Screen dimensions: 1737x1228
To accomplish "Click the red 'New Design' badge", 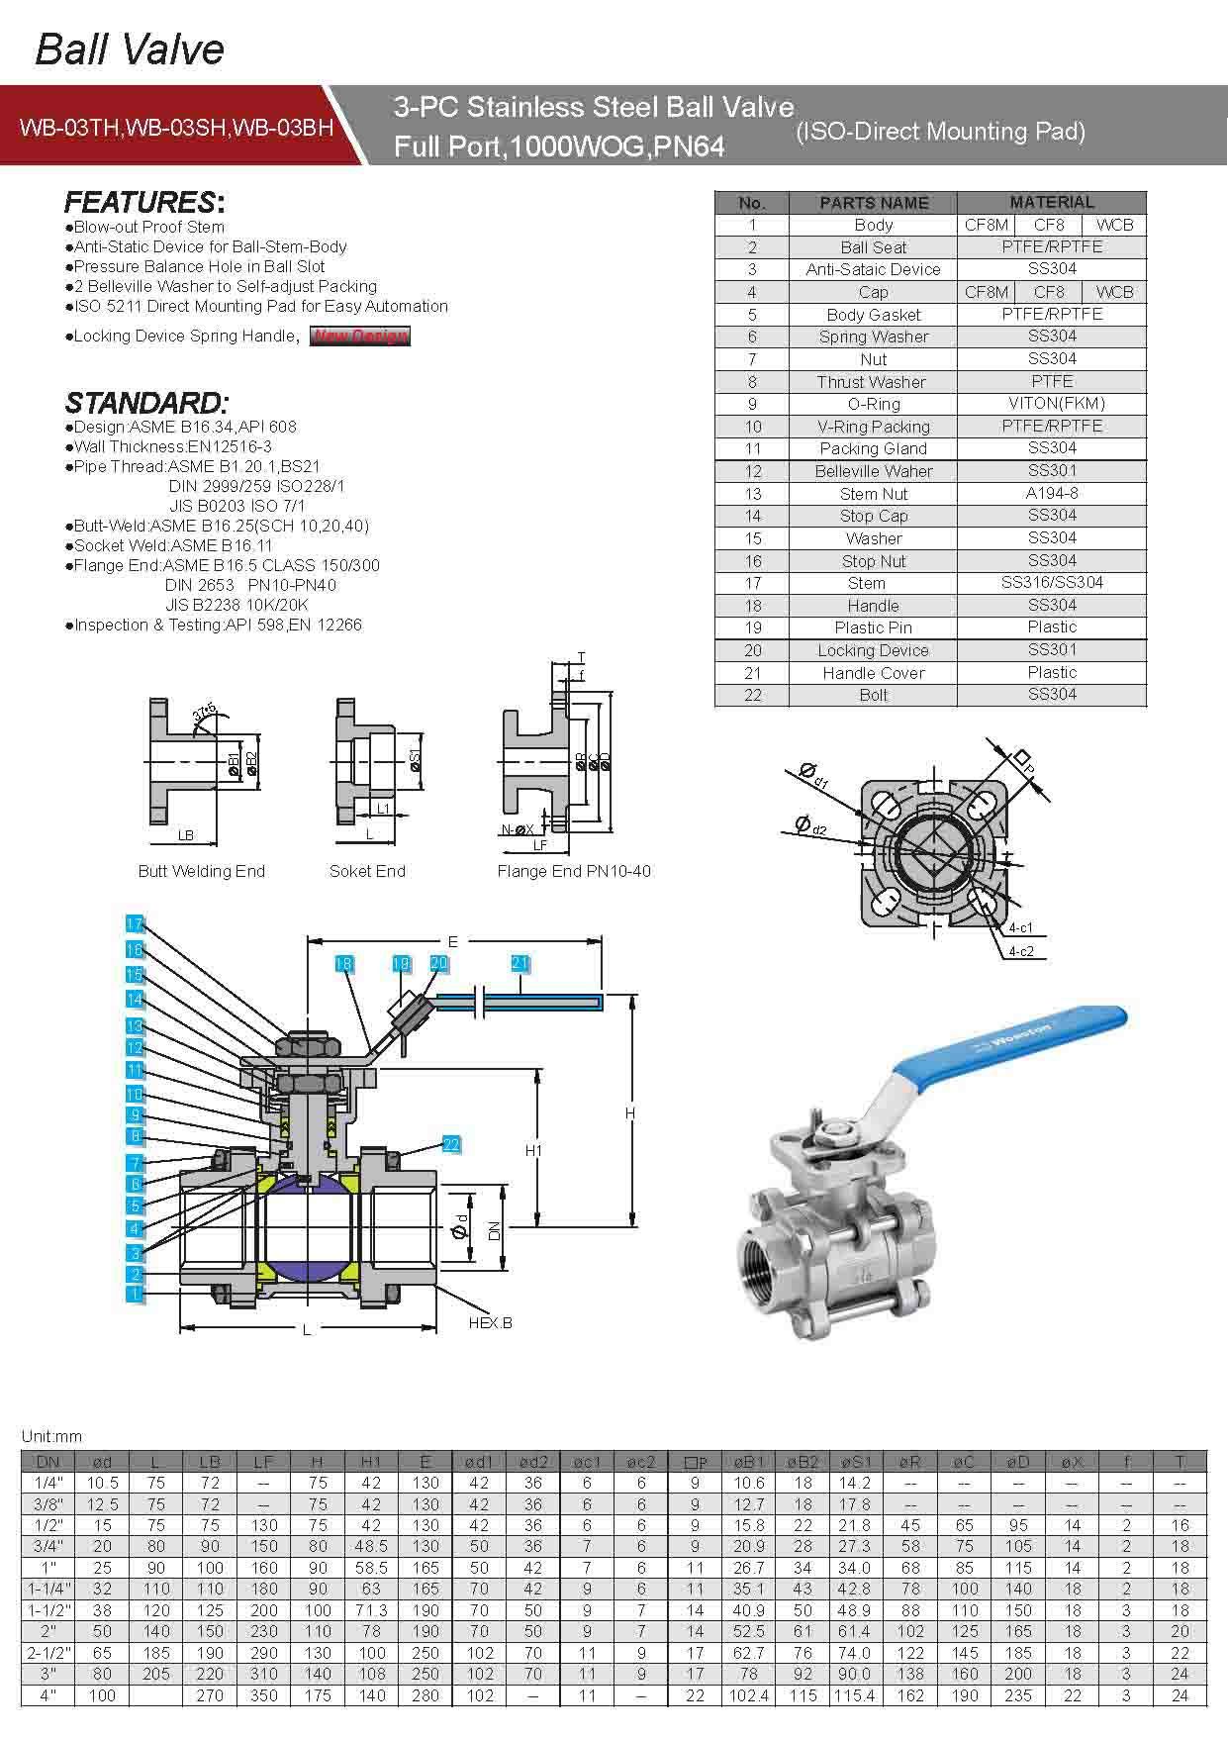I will click(359, 336).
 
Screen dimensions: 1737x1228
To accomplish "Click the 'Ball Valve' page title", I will click(130, 49).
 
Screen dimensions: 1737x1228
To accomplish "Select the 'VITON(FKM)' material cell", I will click(1051, 404).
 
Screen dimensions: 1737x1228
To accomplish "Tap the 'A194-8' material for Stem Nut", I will click(1051, 493).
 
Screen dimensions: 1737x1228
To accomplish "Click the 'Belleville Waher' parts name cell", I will click(873, 471).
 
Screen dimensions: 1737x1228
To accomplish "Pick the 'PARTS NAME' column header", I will click(873, 203).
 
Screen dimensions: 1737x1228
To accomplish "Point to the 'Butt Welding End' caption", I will click(202, 871).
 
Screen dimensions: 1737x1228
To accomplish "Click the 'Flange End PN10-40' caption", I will click(574, 871).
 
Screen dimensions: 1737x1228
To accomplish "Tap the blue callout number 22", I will click(451, 1144).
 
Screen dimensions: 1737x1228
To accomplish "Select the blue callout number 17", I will click(136, 923).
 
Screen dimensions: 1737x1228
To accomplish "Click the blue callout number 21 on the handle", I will click(520, 963).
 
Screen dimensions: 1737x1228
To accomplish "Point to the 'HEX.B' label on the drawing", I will click(490, 1322).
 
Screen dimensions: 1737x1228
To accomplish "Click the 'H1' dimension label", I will click(533, 1150).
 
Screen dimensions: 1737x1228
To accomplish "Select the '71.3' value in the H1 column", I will click(371, 1610).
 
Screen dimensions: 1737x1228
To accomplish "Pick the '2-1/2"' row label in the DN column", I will click(47, 1653).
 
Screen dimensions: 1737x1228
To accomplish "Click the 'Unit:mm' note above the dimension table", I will click(51, 1437).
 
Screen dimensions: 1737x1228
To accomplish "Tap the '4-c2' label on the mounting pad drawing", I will click(1020, 951).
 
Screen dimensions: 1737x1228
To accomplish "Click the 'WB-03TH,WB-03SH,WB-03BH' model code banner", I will click(176, 128).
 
